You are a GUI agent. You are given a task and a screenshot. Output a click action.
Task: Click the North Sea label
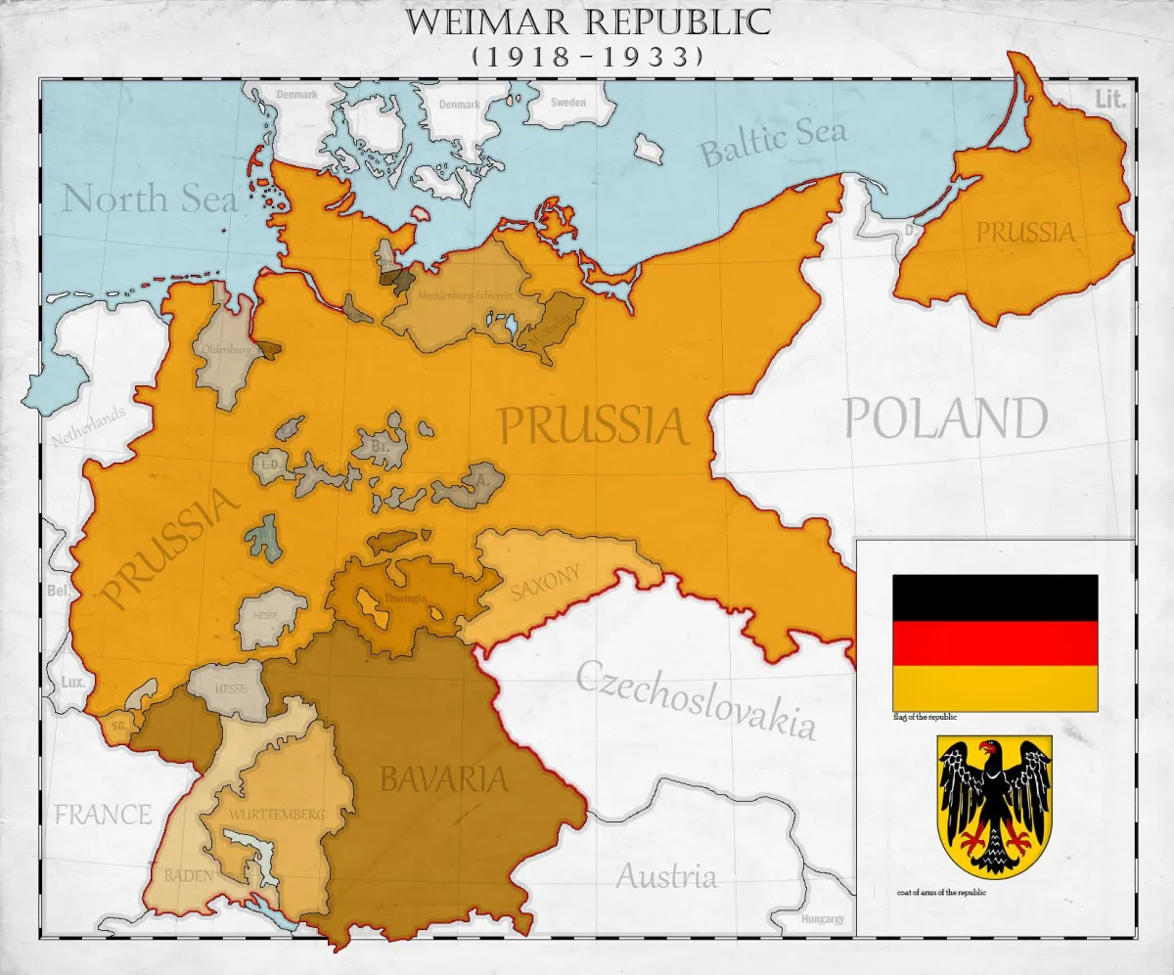pyautogui.click(x=150, y=199)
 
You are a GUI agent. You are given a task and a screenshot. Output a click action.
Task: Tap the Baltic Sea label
pyautogui.click(x=772, y=142)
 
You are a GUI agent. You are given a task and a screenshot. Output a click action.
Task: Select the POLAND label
pyautogui.click(x=945, y=420)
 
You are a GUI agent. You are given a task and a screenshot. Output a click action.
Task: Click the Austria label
pyautogui.click(x=665, y=875)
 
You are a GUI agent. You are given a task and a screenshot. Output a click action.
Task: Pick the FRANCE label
pyautogui.click(x=103, y=814)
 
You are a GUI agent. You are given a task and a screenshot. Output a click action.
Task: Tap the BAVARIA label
pyautogui.click(x=444, y=779)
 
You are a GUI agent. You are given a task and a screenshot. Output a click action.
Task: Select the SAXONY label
pyautogui.click(x=545, y=583)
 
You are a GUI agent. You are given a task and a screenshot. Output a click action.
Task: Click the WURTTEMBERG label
pyautogui.click(x=277, y=814)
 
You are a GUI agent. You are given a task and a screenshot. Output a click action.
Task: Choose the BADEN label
pyautogui.click(x=189, y=875)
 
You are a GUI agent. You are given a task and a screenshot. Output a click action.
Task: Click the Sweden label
pyautogui.click(x=568, y=103)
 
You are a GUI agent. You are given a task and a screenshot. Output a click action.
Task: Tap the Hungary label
pyautogui.click(x=822, y=919)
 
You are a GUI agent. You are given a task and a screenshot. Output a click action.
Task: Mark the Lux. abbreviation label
pyautogui.click(x=71, y=682)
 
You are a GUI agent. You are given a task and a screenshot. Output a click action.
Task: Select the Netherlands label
pyautogui.click(x=90, y=426)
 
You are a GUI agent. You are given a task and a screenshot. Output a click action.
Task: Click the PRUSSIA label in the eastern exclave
pyautogui.click(x=1025, y=233)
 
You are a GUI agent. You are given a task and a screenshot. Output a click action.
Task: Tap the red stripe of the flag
pyautogui.click(x=994, y=643)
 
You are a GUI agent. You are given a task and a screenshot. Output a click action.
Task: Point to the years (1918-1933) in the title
pyautogui.click(x=587, y=57)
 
